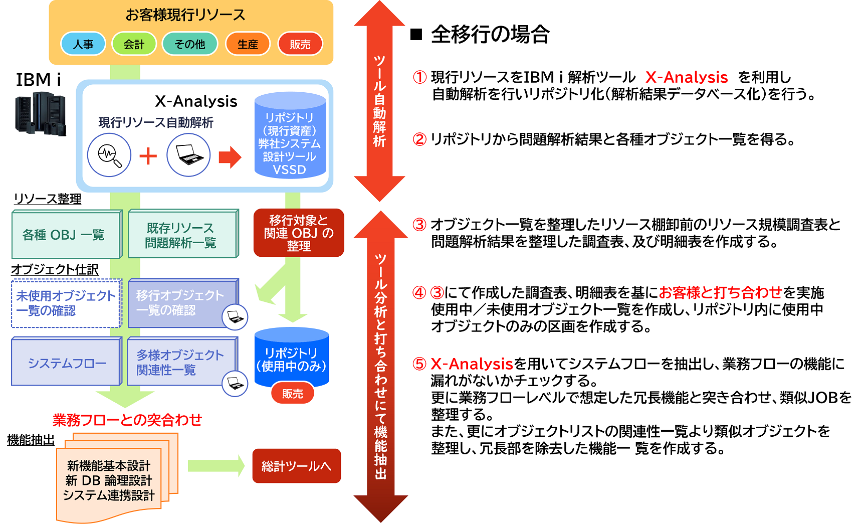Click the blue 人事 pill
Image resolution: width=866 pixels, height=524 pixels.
83,44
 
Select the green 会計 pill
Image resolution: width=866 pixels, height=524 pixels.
134,44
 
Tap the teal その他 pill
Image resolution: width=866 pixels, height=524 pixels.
190,44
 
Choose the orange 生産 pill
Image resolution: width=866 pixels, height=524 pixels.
248,44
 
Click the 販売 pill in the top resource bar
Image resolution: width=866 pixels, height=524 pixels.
300,44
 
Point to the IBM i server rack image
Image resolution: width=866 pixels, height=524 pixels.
40,114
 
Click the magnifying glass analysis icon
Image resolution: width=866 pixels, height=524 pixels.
109,155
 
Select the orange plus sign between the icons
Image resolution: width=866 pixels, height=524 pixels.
148,156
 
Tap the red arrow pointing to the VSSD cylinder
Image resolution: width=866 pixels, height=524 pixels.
230,157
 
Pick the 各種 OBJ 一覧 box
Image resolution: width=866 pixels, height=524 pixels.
67,234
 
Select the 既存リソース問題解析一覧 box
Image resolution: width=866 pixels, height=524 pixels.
183,234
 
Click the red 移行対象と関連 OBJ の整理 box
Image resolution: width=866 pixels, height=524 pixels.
299,233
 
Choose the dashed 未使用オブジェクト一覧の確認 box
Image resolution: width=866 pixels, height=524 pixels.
66,303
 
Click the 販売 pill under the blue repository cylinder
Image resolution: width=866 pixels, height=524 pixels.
293,394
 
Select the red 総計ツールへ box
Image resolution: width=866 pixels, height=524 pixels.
297,466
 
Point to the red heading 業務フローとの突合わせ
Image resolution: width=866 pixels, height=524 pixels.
127,420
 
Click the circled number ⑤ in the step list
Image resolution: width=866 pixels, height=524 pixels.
419,364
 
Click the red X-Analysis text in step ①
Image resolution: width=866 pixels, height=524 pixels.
687,77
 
